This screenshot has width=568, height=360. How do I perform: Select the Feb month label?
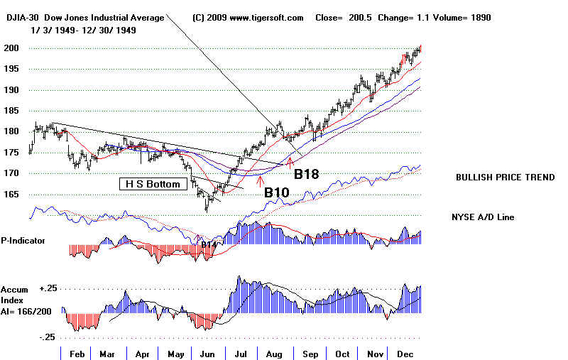[77, 353]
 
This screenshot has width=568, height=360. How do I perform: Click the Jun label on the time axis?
[208, 353]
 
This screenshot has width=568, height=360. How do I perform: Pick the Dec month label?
[406, 353]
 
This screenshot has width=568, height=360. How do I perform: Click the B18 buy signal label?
[307, 174]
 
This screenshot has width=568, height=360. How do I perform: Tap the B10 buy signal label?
[278, 192]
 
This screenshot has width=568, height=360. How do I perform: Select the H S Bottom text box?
[153, 184]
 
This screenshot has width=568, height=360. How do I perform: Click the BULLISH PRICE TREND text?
[506, 178]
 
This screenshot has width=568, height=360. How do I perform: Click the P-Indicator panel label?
[23, 241]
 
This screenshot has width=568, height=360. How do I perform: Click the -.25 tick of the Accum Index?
[48, 337]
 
